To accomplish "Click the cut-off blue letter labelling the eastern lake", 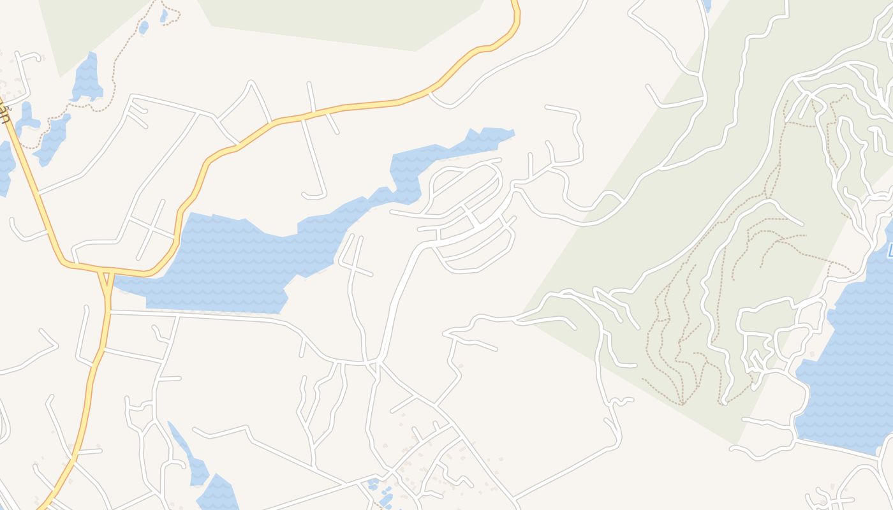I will pyautogui.click(x=889, y=250).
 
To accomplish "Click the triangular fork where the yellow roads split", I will pyautogui.click(x=106, y=280).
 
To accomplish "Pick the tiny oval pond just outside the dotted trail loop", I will pyautogui.click(x=144, y=27).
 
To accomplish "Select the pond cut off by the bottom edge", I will pyautogui.click(x=218, y=494).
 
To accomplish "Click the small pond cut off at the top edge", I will pyautogui.click(x=706, y=5).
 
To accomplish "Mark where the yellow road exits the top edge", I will pyautogui.click(x=515, y=3).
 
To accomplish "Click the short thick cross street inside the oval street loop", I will pyautogui.click(x=473, y=220).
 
